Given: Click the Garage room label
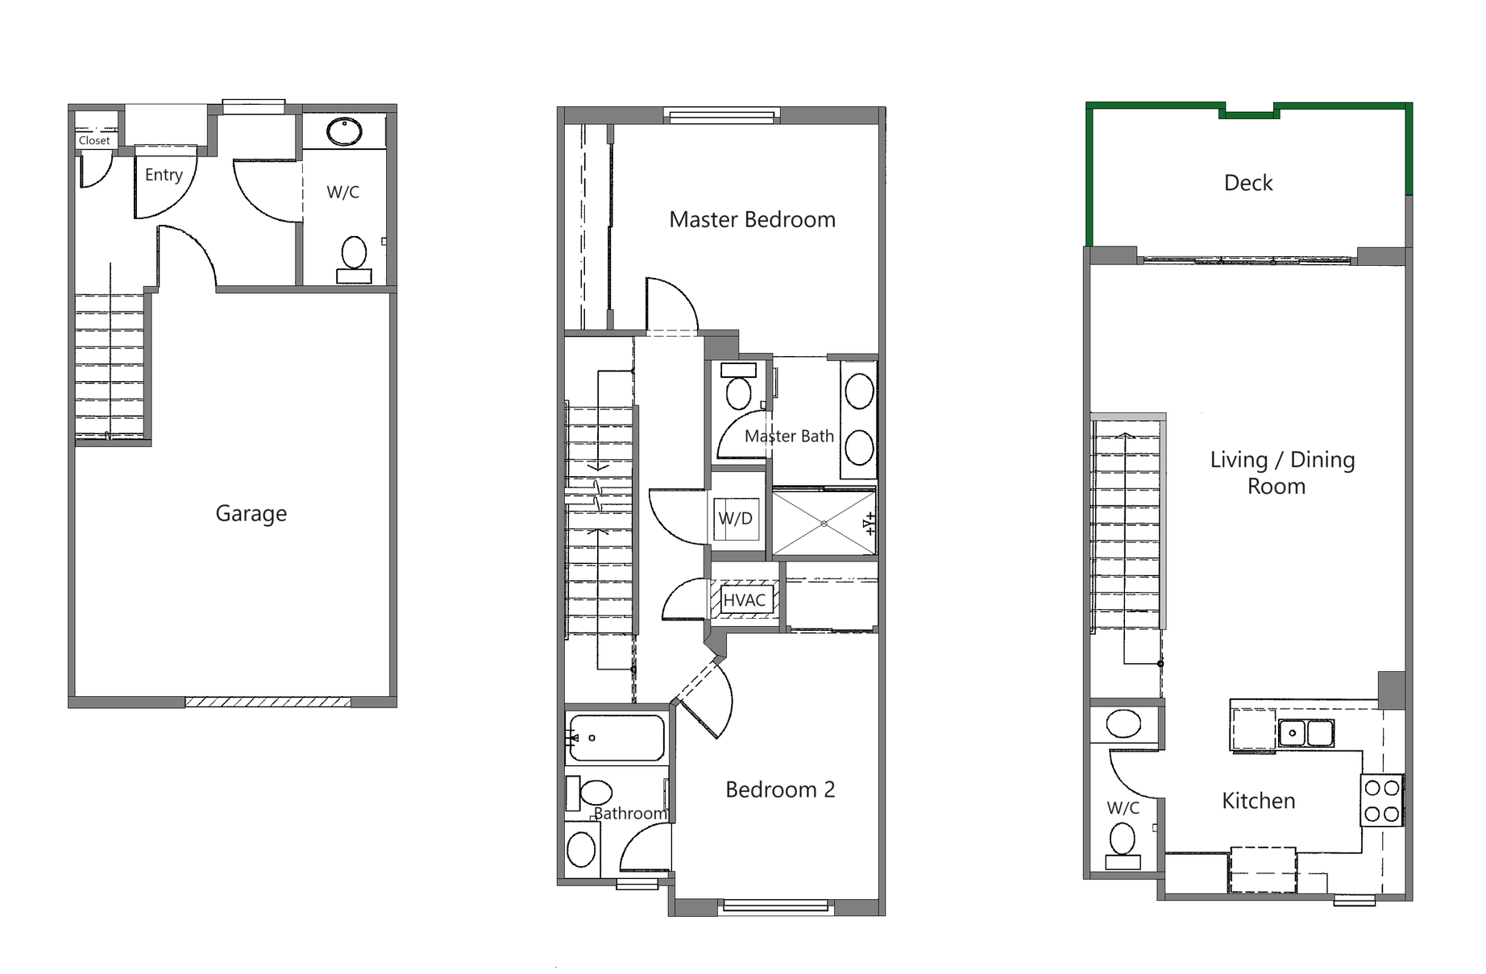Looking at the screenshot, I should tap(251, 513).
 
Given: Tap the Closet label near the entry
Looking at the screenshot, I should tap(94, 140).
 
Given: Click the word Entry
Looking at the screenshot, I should tap(164, 175).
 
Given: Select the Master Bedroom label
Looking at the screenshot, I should tap(752, 219).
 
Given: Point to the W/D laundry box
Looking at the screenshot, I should tap(735, 518).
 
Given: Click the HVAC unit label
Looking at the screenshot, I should tap(744, 600).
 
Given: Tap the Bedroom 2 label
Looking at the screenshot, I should tap(779, 790).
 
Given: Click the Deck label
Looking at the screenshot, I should tap(1247, 183).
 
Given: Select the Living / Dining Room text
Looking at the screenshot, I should tap(1281, 472).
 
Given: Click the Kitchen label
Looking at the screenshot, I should tap(1258, 801).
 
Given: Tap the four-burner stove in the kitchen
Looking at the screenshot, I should tap(1381, 800).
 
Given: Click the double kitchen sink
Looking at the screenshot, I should tap(1305, 733).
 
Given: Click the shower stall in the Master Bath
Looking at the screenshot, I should tap(824, 523).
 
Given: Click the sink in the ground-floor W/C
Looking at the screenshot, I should tap(344, 131).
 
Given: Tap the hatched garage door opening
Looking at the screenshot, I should tap(268, 702).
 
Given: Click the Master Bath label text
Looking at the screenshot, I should tap(788, 436).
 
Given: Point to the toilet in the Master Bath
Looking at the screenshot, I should tap(738, 388).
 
